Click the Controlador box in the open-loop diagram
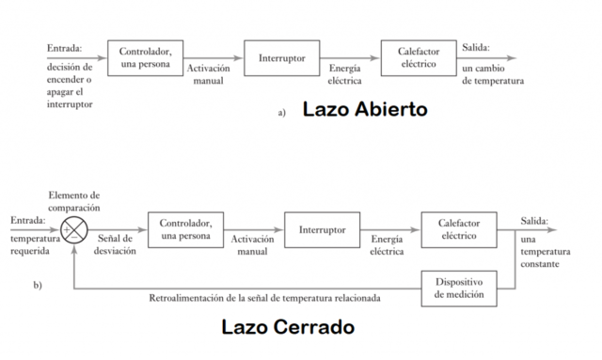coord(146,57)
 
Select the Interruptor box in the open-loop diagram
coord(281,58)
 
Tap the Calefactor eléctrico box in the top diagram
coord(419,57)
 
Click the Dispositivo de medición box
coord(460,288)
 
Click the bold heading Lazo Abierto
coord(365,110)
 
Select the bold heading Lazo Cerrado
coord(288,328)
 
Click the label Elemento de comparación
coord(74,201)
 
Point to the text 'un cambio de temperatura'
coord(493,75)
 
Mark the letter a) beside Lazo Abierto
coord(282,113)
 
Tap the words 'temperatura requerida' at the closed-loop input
coord(34,246)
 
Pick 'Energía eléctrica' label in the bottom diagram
coord(387,245)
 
